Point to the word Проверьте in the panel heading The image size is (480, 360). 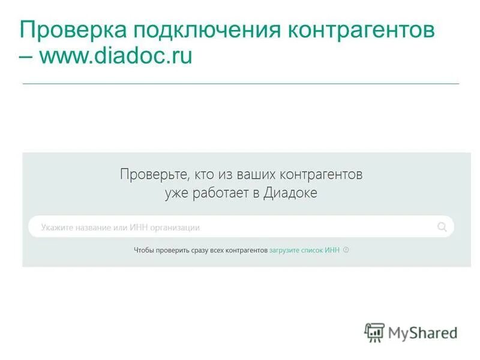(x=154, y=175)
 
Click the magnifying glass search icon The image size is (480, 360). (x=442, y=227)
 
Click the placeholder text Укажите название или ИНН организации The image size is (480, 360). (x=120, y=227)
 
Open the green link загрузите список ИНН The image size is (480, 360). (x=305, y=250)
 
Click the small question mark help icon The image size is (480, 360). (x=346, y=250)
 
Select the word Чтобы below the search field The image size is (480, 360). (x=143, y=250)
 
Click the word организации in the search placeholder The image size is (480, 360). (x=178, y=227)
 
